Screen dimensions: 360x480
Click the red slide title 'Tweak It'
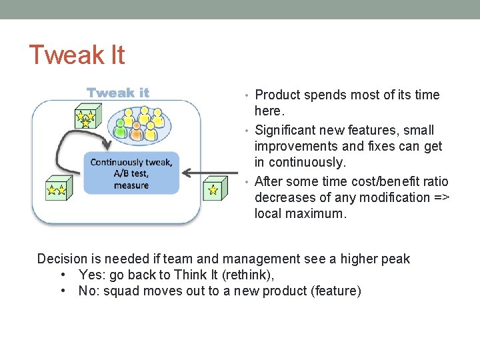click(x=77, y=55)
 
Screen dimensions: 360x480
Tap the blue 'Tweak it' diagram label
click(x=118, y=93)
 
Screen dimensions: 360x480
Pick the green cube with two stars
click(x=55, y=189)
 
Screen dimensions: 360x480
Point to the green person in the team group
click(x=121, y=130)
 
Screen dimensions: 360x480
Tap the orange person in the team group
click(x=137, y=133)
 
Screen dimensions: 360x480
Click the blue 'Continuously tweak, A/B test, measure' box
click(x=131, y=173)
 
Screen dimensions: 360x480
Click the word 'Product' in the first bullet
click(x=277, y=95)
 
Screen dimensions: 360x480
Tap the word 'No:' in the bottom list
click(x=89, y=291)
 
